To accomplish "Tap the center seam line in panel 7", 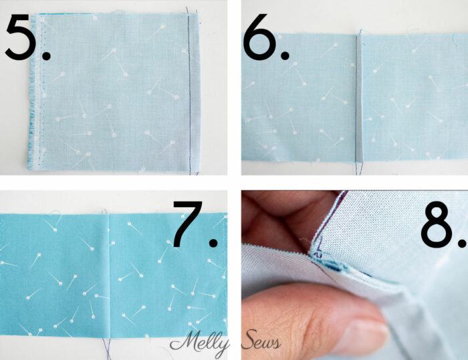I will [x=109, y=267].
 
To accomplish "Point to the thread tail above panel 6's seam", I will [x=360, y=31].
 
